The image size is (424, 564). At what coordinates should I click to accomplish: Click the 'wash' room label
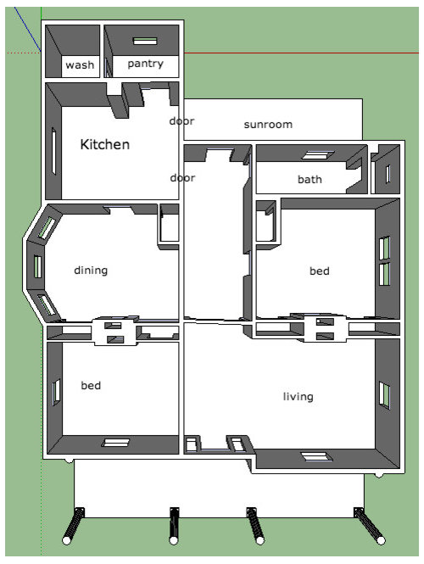pos(80,65)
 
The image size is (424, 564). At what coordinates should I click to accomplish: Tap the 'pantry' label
pos(145,64)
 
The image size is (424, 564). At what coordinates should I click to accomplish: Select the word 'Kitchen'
pos(104,144)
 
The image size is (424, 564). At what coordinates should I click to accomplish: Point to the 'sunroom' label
pos(268,125)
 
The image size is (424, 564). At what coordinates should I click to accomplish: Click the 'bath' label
pos(310,179)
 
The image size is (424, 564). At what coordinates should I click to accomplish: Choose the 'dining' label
pos(91,271)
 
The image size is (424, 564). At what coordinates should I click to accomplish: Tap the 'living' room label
pos(298,396)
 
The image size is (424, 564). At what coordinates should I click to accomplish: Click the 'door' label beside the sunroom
pos(182,120)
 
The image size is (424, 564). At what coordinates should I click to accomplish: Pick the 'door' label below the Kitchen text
pos(182,178)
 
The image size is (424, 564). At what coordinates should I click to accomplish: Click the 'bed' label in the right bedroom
pos(320,271)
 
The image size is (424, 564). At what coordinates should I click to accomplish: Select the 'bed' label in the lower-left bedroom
pos(91,385)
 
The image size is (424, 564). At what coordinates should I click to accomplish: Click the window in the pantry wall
pos(145,41)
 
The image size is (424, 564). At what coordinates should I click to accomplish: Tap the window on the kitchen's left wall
pos(54,151)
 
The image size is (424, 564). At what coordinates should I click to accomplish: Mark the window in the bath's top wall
pos(317,155)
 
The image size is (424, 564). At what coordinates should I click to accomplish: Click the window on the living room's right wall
pos(384,395)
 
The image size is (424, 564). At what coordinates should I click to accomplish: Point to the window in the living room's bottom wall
pos(316,456)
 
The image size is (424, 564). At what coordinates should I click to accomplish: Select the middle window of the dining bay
pos(37,266)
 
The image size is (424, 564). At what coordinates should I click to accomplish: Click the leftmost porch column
pos(74,525)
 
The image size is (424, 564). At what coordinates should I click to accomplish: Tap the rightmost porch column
pos(370,526)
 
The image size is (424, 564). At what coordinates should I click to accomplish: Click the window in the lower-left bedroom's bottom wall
pos(115,443)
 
